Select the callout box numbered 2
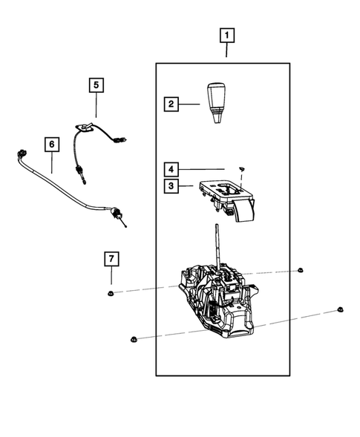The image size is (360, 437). click(x=171, y=105)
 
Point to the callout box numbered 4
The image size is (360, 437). click(x=171, y=168)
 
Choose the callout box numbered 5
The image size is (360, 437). click(x=96, y=85)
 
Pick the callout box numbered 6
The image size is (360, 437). click(x=51, y=143)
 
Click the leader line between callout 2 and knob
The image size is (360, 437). click(x=191, y=105)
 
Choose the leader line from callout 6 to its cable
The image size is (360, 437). click(x=51, y=162)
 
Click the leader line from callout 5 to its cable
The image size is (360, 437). click(x=96, y=105)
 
